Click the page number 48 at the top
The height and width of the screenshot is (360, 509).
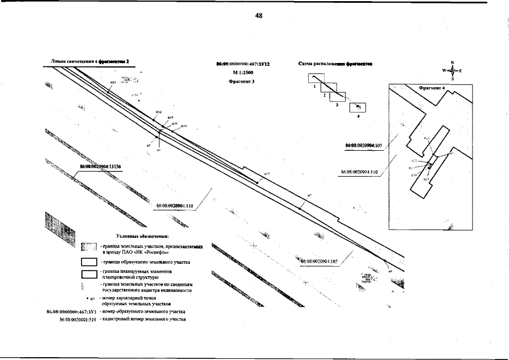(259, 16)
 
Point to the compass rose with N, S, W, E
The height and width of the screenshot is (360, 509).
(452, 71)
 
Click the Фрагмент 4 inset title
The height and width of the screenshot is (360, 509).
(431, 88)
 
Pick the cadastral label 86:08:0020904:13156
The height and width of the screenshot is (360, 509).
(101, 166)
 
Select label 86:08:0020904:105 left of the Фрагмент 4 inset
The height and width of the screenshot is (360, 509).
(363, 145)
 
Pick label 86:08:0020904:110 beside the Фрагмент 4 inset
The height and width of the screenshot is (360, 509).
(359, 173)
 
